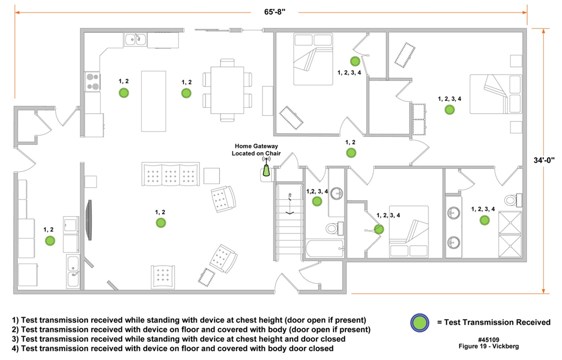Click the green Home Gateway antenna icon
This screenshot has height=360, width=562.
(x=267, y=170)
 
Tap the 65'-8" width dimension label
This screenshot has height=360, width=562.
(x=275, y=12)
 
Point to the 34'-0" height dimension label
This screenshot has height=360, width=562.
(x=544, y=160)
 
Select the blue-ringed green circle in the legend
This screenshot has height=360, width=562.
(x=420, y=322)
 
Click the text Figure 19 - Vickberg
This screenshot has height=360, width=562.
(x=489, y=347)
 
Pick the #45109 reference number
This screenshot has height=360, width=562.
(x=489, y=340)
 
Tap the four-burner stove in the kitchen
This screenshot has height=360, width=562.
(x=92, y=82)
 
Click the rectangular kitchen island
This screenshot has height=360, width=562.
(x=153, y=101)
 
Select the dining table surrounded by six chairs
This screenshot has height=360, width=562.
(x=227, y=90)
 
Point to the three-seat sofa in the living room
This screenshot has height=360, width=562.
(x=171, y=174)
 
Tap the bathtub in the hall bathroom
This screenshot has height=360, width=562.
(x=326, y=248)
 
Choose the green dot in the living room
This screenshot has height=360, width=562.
(x=161, y=223)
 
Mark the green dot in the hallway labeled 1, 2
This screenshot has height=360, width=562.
(x=351, y=153)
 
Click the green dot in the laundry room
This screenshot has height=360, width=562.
(x=50, y=240)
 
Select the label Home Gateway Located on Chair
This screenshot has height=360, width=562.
(x=256, y=150)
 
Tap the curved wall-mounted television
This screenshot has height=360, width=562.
(x=88, y=220)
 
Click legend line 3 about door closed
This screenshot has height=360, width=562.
(x=179, y=339)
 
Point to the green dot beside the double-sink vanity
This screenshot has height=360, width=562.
(x=485, y=220)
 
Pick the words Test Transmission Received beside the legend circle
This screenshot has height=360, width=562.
(x=497, y=322)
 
